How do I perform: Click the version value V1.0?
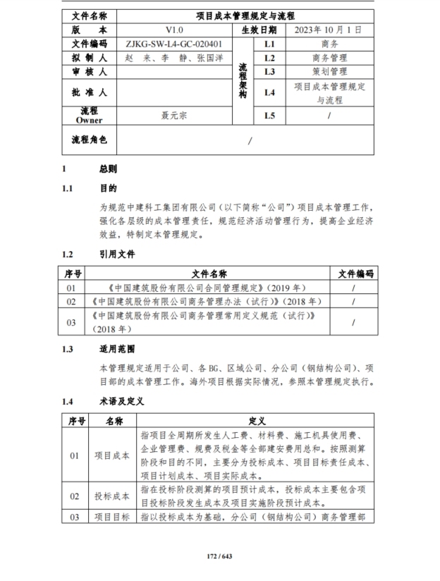(x=173, y=30)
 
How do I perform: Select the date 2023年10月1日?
(x=328, y=30)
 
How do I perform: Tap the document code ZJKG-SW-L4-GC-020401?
(x=173, y=44)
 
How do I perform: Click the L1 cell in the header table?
(x=269, y=44)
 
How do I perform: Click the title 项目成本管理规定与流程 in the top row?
(x=245, y=16)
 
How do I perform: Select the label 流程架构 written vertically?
(x=243, y=78)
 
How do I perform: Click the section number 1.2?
(x=68, y=255)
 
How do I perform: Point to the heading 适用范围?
(x=116, y=349)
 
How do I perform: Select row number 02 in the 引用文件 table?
(x=71, y=301)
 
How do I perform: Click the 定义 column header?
(x=257, y=421)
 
